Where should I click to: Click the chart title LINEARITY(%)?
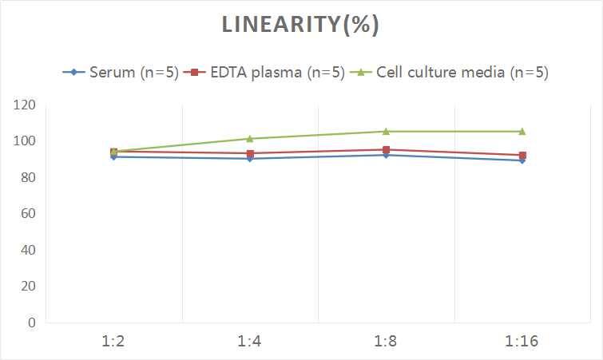tap(300, 26)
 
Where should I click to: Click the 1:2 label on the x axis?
tap(114, 342)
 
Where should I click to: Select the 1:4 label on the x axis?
tap(250, 342)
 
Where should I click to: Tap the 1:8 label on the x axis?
tap(386, 342)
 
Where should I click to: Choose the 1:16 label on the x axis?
tap(522, 342)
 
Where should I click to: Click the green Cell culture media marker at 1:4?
tap(250, 139)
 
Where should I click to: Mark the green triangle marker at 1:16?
tap(522, 132)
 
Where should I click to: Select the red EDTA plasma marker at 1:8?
tap(386, 150)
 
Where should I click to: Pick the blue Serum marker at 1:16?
tap(522, 160)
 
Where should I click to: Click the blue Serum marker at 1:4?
tap(250, 159)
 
